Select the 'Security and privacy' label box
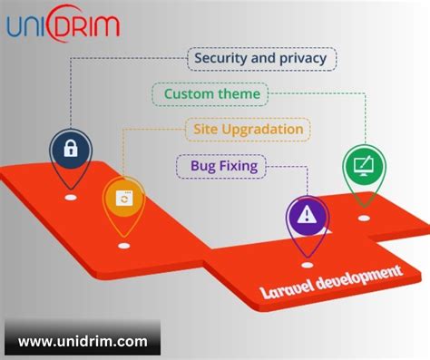[x=262, y=59]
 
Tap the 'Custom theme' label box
[x=211, y=93]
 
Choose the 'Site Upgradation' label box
[x=248, y=129]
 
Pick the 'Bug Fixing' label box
[x=223, y=165]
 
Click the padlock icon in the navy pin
[x=70, y=146]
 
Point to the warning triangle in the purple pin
[x=307, y=215]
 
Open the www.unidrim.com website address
[x=83, y=341]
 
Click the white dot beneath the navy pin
[x=70, y=194]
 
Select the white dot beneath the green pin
[x=363, y=218]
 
